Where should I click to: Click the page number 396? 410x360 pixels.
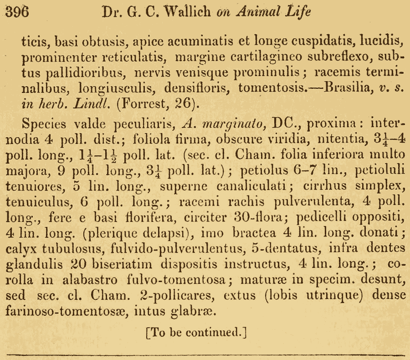click(17, 12)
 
